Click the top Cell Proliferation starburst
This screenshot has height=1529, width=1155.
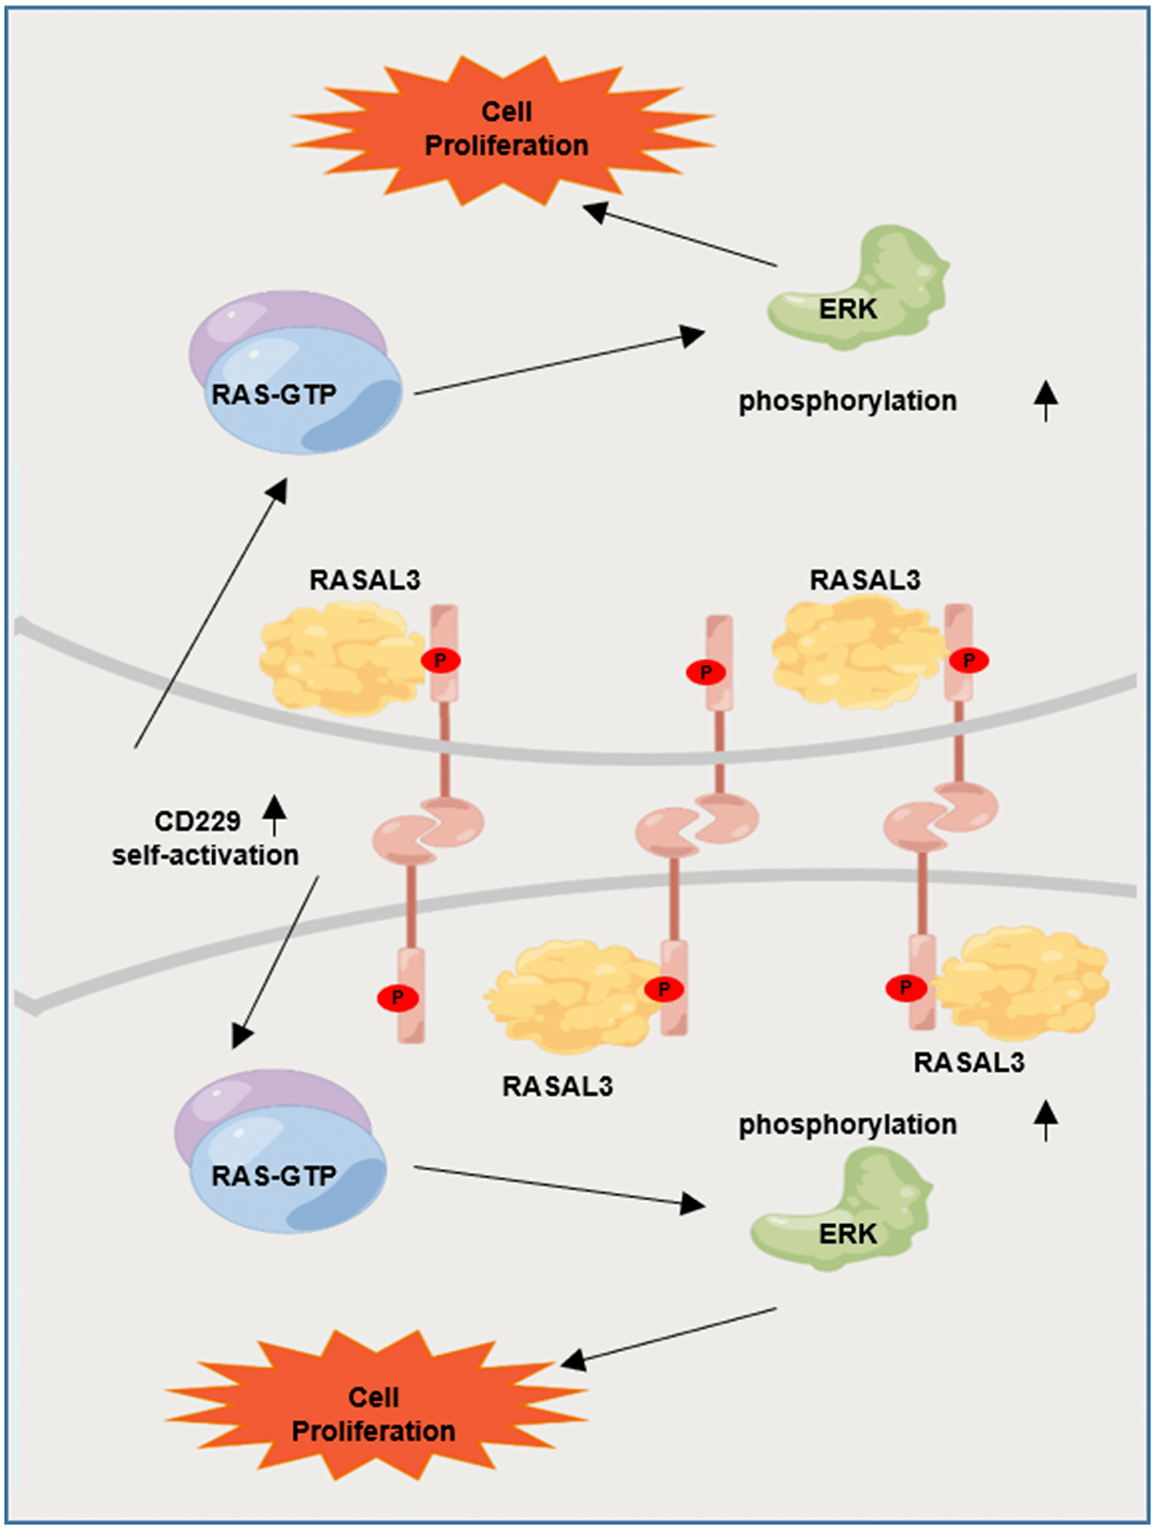pos(504,129)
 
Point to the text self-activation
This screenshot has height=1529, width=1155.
pos(205,855)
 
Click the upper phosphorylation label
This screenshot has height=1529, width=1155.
pos(847,401)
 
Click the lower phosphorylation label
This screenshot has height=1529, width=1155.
pos(847,1125)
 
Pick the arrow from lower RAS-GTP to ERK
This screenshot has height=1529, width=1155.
pos(558,1185)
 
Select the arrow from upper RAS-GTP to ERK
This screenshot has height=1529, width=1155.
pos(558,365)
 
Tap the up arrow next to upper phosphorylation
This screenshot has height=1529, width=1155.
pos(1046,399)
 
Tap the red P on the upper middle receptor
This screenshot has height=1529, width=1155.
pos(706,673)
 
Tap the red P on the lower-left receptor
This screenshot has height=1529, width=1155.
pos(398,998)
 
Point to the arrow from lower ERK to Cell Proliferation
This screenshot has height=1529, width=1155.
pos(669,1335)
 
